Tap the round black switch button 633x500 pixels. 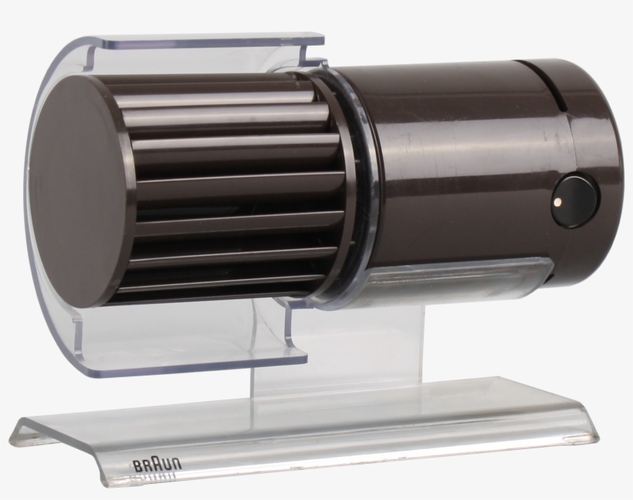tap(575, 201)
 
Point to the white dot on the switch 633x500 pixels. tap(557, 202)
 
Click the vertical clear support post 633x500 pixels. tap(340, 348)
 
